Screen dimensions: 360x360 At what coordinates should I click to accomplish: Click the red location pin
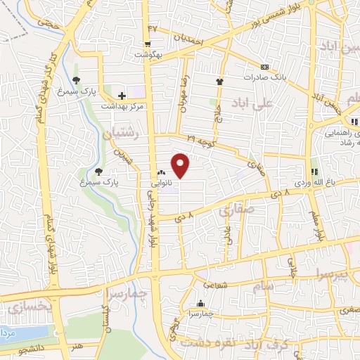pyautogui.click(x=181, y=165)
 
